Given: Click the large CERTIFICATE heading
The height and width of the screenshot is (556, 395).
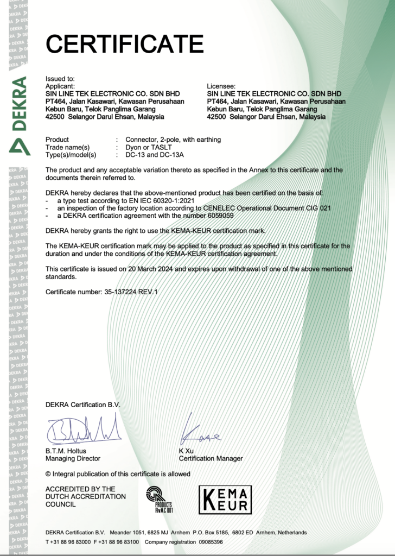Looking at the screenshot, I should pos(124,43).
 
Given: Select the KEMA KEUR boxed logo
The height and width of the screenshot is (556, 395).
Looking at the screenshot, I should pos(225,500).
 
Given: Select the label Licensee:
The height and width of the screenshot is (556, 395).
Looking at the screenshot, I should pos(221,86).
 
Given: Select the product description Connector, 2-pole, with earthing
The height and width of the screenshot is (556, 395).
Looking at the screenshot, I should pos(173,140).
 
